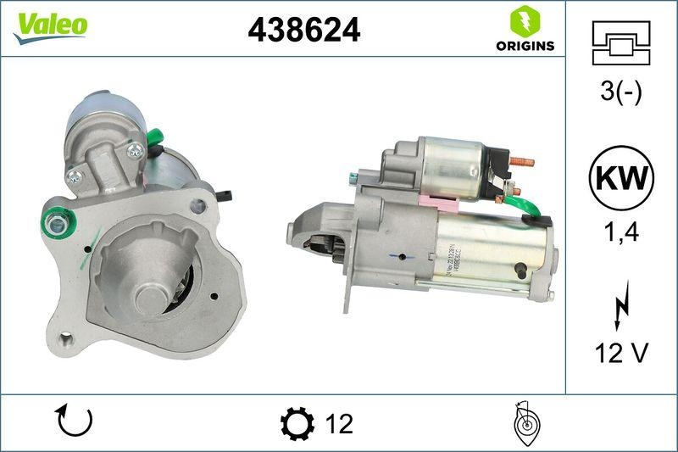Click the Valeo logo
[49, 25]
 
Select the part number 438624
[303, 30]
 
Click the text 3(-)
[621, 92]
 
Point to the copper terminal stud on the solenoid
[522, 161]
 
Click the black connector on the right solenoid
[501, 161]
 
